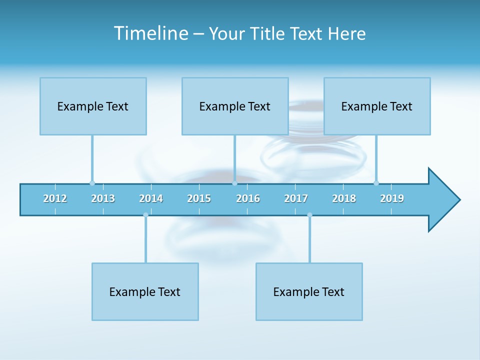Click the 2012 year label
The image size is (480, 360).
tap(55, 198)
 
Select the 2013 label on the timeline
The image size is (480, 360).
tap(103, 198)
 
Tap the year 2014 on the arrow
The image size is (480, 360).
tap(151, 198)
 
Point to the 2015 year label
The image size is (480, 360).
tap(199, 198)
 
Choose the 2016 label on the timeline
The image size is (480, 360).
tap(248, 198)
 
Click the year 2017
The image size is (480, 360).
tap(296, 198)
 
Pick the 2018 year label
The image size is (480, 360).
tap(344, 198)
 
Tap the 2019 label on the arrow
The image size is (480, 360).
tap(392, 198)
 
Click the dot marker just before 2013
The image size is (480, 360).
tap(92, 183)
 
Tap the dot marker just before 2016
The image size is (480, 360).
tap(234, 183)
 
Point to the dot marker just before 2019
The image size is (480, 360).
tap(376, 183)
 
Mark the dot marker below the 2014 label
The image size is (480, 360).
tap(145, 215)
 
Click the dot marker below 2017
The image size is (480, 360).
tap(309, 215)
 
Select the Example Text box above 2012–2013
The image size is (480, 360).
tap(93, 106)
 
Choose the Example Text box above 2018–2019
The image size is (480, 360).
tap(377, 106)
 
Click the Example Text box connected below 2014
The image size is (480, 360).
tap(145, 291)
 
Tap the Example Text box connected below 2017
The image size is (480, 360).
tap(309, 291)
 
